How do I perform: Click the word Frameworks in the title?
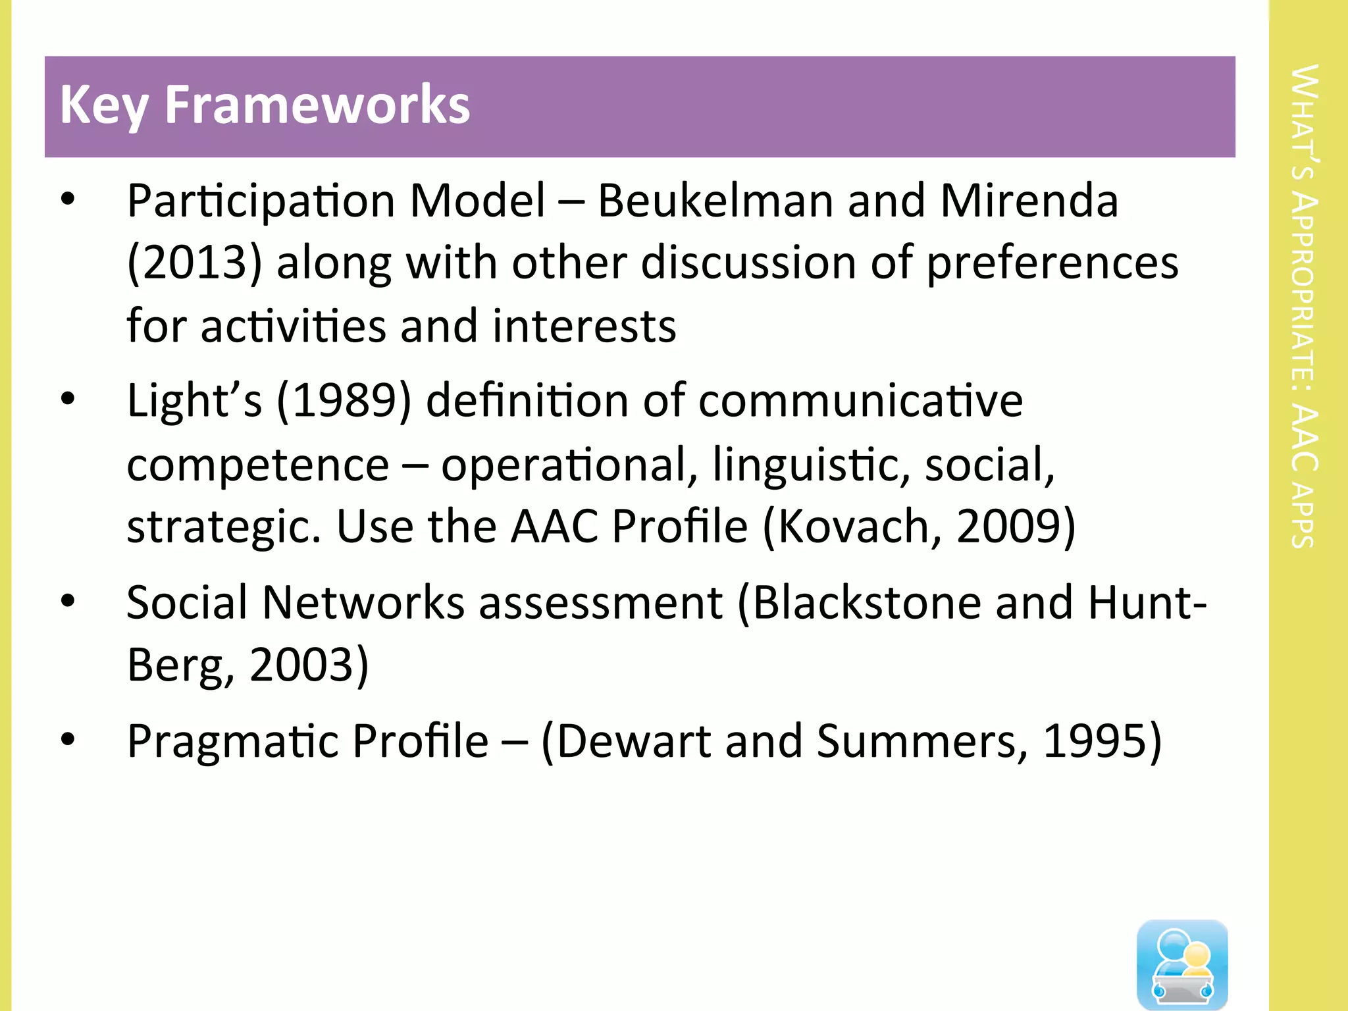pos(317,105)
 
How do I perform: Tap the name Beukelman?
pos(715,200)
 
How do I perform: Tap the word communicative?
pos(860,401)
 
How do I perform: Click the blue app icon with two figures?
pos(1182,964)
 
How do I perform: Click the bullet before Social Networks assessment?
pos(68,601)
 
